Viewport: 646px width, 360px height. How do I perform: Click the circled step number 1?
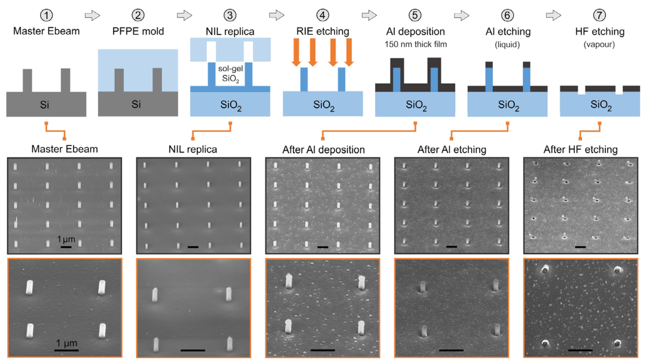45,13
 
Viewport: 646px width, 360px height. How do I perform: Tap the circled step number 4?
323,13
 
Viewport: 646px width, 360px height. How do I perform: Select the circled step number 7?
600,13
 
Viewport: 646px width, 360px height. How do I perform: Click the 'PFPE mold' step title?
138,30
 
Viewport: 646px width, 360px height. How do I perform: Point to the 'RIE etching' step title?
323,30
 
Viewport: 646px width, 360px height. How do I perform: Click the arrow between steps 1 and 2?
92,13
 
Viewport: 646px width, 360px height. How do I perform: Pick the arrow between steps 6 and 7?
554,13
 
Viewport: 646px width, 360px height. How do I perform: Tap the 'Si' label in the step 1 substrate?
45,105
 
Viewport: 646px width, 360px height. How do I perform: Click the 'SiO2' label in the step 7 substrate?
600,106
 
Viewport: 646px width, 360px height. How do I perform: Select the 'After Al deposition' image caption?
323,150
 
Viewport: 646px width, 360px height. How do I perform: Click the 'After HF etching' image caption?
580,150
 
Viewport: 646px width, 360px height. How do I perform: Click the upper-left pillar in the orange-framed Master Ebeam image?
31,289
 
